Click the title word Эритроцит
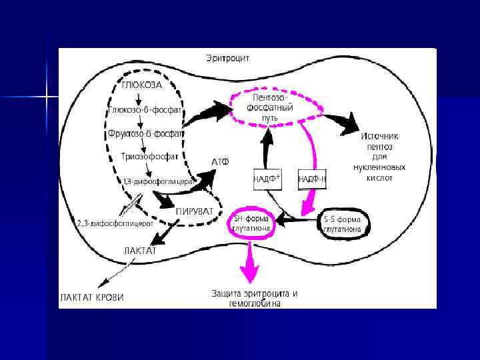click(x=227, y=59)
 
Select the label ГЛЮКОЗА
click(x=142, y=85)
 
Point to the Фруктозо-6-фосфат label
click(x=145, y=133)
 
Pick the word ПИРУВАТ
click(x=195, y=211)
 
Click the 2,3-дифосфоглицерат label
click(x=115, y=223)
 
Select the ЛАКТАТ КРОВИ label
click(x=93, y=297)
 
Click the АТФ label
click(x=221, y=162)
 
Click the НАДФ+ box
click(x=269, y=179)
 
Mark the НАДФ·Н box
click(x=311, y=179)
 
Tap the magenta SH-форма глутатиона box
click(x=252, y=224)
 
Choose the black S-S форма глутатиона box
click(x=342, y=224)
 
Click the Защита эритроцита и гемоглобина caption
click(x=255, y=298)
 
